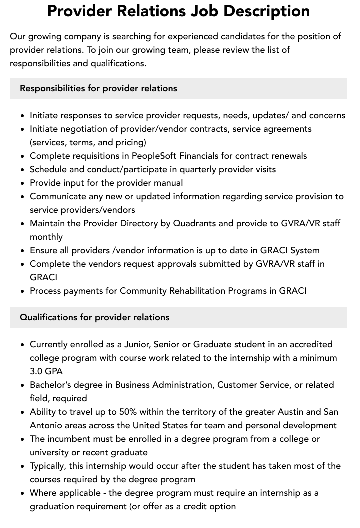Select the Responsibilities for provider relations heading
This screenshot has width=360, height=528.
(98, 88)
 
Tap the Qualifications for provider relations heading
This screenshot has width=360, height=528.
(95, 317)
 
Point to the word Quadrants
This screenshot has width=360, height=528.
(195, 223)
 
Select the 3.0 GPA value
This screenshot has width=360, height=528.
(46, 371)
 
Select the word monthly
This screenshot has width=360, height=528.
(46, 237)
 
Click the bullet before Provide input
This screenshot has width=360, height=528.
(22, 183)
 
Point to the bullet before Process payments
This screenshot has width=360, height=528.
(22, 291)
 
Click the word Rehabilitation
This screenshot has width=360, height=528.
(199, 291)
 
